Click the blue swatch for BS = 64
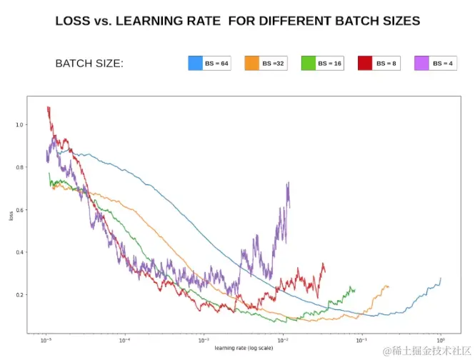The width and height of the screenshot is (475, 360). pos(196,63)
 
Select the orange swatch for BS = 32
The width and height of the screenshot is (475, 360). pos(252,63)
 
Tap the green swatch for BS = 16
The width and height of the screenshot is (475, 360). pos(309,63)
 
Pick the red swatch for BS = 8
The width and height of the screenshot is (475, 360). pos(365,63)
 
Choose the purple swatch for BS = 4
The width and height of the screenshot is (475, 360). pos(421,63)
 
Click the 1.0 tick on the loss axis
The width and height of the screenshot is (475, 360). pos(19,125)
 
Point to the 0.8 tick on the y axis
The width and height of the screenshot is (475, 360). pos(19,167)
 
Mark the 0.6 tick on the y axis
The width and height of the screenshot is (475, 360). pos(19,210)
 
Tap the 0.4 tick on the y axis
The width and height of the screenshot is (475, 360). pos(19,252)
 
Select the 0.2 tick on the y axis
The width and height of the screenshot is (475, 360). pos(19,295)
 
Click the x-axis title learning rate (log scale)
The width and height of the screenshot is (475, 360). pos(243,349)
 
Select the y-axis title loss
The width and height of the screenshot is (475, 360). pos(11,215)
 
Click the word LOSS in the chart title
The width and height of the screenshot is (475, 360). pos(73,21)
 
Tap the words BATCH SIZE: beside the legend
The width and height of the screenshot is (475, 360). pos(89,64)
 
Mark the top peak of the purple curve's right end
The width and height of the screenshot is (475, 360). pos(288,183)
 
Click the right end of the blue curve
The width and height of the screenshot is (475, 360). pos(441,279)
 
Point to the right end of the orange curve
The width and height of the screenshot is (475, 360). pos(388,286)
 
